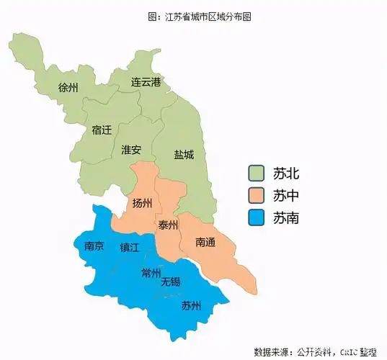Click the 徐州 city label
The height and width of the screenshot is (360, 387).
pyautogui.click(x=68, y=88)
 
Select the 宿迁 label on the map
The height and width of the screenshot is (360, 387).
pyautogui.click(x=102, y=130)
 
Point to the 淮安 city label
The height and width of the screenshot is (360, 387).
pyautogui.click(x=131, y=150)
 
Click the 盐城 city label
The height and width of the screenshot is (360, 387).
pyautogui.click(x=184, y=154)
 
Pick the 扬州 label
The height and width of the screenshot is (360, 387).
pyautogui.click(x=142, y=204)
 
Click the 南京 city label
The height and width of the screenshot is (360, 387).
pyautogui.click(x=94, y=246)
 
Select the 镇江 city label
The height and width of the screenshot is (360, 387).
pyautogui.click(x=131, y=248)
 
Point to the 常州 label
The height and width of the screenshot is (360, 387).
pyautogui.click(x=151, y=272)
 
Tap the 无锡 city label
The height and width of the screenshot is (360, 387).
pyautogui.click(x=171, y=281)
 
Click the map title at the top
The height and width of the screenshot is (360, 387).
pyautogui.click(x=193, y=16)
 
